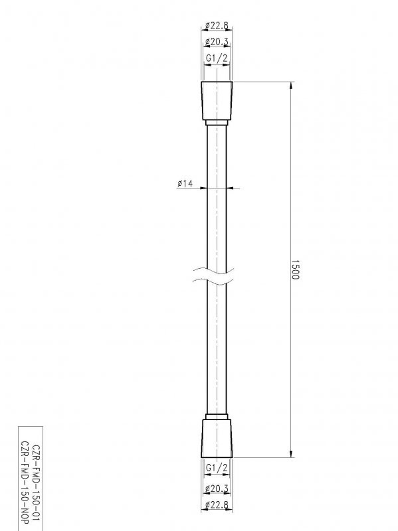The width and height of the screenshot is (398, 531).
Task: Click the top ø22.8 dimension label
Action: (217, 26)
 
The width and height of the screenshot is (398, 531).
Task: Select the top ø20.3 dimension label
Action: (217, 42)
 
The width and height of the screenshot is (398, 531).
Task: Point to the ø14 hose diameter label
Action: (185, 184)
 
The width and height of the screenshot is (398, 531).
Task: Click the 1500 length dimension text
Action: (296, 269)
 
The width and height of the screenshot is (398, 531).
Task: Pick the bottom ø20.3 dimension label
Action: (217, 489)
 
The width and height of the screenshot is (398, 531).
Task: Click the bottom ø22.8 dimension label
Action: (217, 506)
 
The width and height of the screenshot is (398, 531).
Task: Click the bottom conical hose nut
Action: (217, 438)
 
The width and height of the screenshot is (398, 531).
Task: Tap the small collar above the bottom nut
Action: (217, 416)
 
